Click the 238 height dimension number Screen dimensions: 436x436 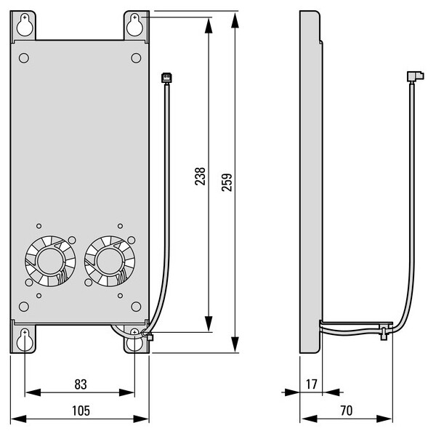[200, 177]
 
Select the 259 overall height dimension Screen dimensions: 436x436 [227, 182]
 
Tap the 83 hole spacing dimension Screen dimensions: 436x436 [81, 384]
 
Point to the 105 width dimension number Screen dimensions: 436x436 [81, 411]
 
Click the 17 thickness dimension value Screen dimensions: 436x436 [312, 384]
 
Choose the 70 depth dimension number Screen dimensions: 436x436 [346, 411]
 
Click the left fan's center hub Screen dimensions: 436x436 [49, 261]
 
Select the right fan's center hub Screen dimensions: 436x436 [109, 261]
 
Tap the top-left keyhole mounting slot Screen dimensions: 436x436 [25, 25]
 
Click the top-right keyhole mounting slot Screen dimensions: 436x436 [134, 25]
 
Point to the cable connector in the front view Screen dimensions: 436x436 [166, 78]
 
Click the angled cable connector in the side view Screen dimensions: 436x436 [416, 76]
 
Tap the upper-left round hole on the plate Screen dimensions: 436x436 [24, 58]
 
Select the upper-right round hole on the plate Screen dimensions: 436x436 [136, 58]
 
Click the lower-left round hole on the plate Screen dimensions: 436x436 [24, 307]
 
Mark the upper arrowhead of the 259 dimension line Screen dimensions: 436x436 [235, 20]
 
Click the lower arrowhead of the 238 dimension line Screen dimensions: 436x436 [209, 323]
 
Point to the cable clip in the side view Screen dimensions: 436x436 [384, 334]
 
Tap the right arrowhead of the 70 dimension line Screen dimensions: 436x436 [384, 419]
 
